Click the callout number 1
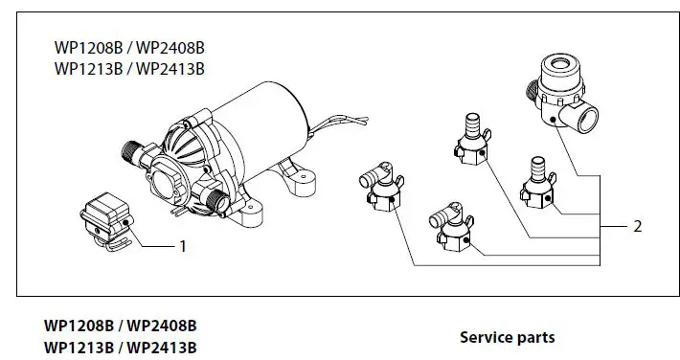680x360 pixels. [x=182, y=246]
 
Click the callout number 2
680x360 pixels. [x=637, y=227]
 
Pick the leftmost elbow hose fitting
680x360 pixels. [x=374, y=186]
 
